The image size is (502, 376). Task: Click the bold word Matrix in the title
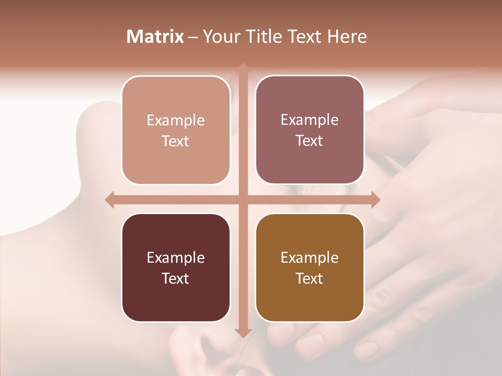tap(155, 37)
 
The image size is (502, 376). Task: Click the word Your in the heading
tap(220, 37)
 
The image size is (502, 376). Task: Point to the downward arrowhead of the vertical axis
tap(243, 333)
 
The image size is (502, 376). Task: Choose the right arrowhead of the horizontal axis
tap(375, 199)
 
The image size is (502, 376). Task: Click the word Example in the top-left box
tap(175, 121)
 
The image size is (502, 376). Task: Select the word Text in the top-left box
tap(175, 141)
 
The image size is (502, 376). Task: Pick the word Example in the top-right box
tap(310, 120)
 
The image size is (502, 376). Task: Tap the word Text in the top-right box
tap(310, 140)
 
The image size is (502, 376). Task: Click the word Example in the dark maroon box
tap(175, 258)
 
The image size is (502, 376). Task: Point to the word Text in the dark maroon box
tap(175, 278)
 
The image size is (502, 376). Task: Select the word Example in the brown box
tap(310, 258)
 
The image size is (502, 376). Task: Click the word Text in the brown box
tap(310, 278)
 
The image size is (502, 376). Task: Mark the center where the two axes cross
tap(243, 199)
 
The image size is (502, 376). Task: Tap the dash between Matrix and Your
tap(193, 37)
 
